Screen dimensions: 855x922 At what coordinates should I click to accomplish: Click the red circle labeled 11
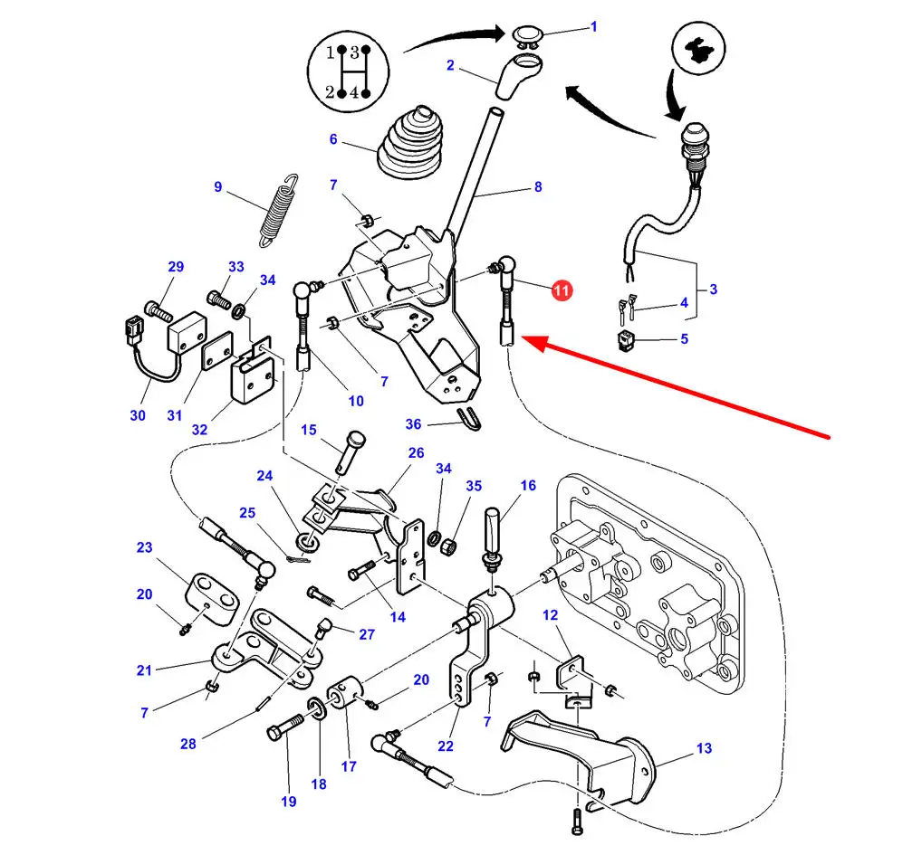click(x=562, y=290)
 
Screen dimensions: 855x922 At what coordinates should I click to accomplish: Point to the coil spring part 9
click(x=279, y=209)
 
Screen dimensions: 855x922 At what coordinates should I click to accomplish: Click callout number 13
click(x=705, y=748)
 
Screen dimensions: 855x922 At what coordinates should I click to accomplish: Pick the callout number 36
click(x=413, y=423)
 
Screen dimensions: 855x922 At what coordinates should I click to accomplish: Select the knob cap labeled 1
click(x=526, y=35)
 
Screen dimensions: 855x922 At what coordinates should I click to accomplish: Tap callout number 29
click(x=176, y=266)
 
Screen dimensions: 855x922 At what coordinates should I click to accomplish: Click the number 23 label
click(x=145, y=547)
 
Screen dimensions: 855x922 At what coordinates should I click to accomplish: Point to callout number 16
click(x=528, y=486)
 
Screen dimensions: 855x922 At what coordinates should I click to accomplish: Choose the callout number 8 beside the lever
click(x=537, y=187)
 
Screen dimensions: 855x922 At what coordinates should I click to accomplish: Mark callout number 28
click(x=187, y=744)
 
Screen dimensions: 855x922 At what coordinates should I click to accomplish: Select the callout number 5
click(x=684, y=339)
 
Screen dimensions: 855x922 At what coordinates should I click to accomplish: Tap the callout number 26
click(x=416, y=452)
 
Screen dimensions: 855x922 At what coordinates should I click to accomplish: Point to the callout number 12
click(x=551, y=615)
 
